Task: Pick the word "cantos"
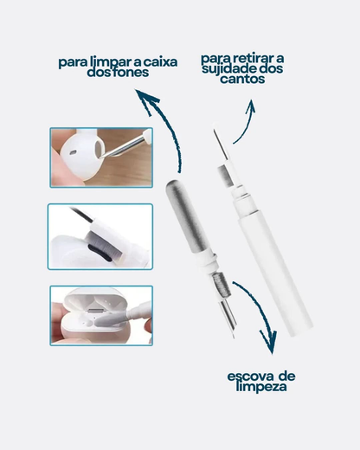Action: tap(241, 80)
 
